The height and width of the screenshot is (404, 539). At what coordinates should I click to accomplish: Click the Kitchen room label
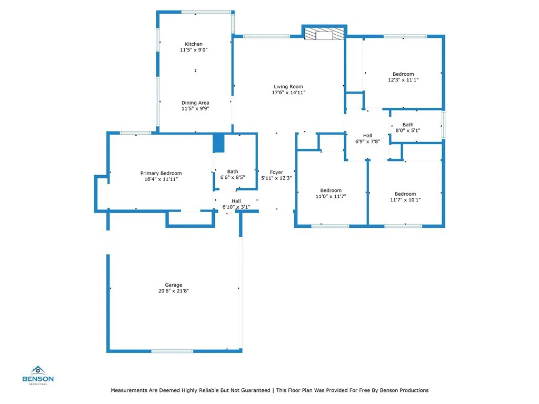[194, 44]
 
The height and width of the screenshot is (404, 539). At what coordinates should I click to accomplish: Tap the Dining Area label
[195, 103]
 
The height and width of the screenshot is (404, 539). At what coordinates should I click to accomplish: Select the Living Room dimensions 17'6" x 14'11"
[288, 93]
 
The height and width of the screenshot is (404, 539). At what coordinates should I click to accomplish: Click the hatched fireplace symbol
[324, 34]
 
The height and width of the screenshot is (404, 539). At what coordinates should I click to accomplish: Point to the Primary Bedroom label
[161, 173]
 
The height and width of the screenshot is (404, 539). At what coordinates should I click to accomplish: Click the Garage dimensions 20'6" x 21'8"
[173, 290]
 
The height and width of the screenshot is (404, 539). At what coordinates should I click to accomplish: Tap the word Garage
[173, 285]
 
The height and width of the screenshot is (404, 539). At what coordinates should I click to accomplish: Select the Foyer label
[276, 172]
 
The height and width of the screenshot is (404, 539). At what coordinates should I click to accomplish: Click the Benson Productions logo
[38, 375]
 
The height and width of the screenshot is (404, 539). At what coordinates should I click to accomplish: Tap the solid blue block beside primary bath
[218, 143]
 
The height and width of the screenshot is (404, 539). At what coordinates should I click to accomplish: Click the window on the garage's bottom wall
[172, 351]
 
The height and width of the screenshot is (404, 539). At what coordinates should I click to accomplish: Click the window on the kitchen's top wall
[206, 12]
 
